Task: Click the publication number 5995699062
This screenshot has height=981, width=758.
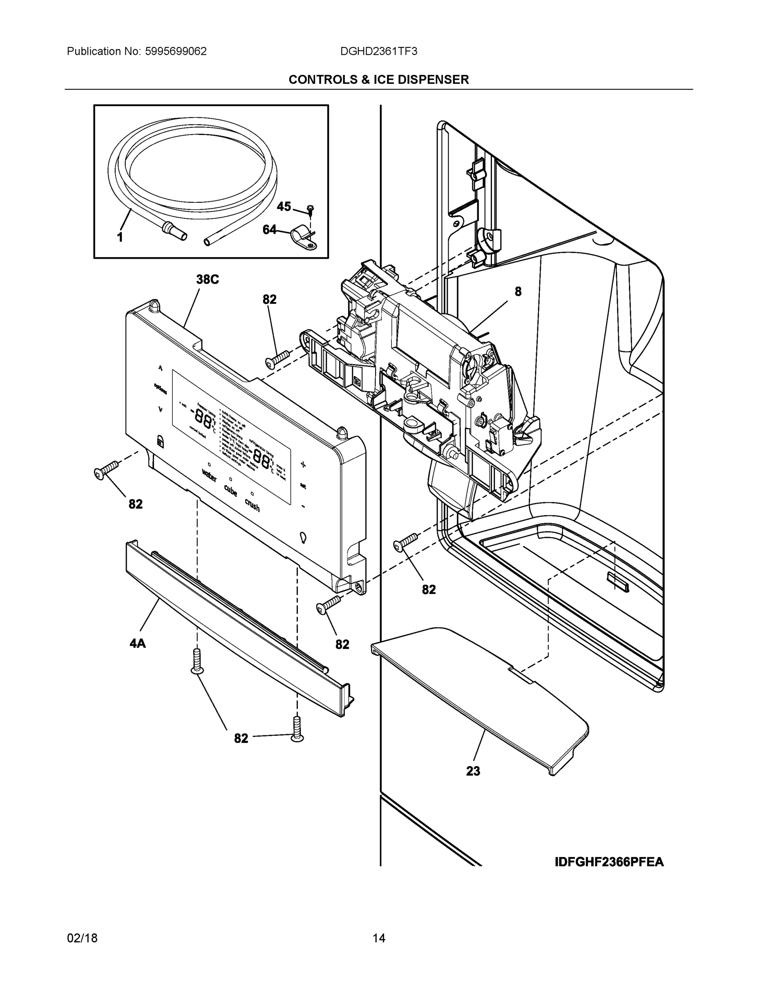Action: (176, 52)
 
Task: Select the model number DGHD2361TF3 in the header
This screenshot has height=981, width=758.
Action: (378, 52)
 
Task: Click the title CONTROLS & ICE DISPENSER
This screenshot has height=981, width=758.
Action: (378, 80)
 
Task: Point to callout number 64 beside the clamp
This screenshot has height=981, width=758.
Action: (269, 230)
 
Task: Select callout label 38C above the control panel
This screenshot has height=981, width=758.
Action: (208, 280)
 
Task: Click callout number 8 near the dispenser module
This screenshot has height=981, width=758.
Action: (518, 292)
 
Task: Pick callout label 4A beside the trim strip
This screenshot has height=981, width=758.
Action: (138, 644)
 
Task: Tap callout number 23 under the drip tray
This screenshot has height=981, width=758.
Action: (473, 771)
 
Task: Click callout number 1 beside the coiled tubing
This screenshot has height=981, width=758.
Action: (120, 237)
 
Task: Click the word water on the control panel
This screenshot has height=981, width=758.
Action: (209, 475)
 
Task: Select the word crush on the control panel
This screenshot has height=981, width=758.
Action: (252, 505)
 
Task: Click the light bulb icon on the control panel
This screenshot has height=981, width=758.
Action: (304, 537)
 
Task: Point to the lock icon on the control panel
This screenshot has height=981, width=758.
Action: (160, 441)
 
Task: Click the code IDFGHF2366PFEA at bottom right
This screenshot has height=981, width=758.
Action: (609, 862)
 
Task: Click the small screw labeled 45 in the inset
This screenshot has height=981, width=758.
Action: (310, 209)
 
